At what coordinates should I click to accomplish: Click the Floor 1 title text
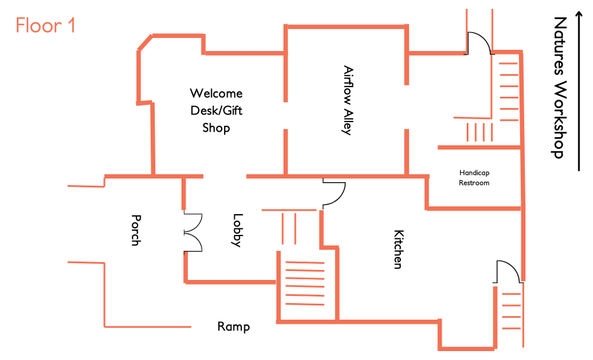[x=46, y=26]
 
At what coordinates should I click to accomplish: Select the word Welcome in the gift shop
[x=216, y=93]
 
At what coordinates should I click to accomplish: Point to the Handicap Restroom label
[x=474, y=178]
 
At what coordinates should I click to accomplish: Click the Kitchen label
[x=398, y=249]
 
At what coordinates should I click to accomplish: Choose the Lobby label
[x=237, y=230]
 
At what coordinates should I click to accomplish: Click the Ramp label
[x=234, y=327]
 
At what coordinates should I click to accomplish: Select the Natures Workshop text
[x=559, y=88]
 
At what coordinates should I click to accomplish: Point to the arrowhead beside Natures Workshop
[x=579, y=14]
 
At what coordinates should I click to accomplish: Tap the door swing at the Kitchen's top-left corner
[x=334, y=193]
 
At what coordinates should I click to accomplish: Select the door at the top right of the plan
[x=480, y=43]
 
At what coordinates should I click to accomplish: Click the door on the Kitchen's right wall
[x=509, y=271]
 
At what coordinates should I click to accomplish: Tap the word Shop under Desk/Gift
[x=216, y=128]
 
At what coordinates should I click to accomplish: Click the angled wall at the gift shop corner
[x=145, y=42]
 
